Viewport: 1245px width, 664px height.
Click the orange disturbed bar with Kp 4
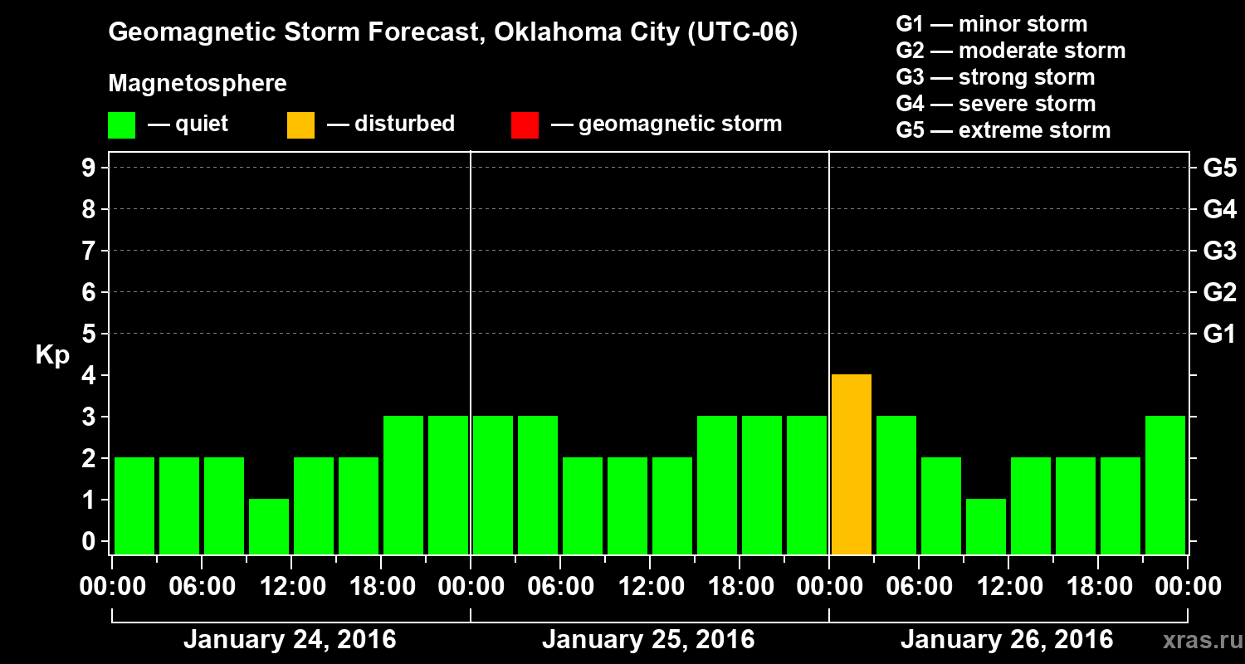[x=852, y=464]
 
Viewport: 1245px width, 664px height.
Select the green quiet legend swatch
[x=121, y=124]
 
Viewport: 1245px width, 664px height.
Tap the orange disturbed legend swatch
[x=300, y=124]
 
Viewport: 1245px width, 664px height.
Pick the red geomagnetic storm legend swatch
[x=525, y=124]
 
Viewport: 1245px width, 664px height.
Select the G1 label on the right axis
[x=1219, y=334]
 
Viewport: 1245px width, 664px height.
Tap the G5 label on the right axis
[x=1219, y=168]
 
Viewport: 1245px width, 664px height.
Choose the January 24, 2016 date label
[x=290, y=640]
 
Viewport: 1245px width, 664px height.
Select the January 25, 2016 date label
[x=648, y=640]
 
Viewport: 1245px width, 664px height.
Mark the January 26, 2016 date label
[x=1007, y=640]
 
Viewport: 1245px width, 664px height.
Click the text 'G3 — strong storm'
[x=995, y=77]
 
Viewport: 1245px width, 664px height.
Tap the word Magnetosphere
[x=198, y=84]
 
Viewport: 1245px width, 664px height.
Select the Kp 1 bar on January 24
[x=269, y=526]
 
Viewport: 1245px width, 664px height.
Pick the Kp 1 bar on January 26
[x=986, y=526]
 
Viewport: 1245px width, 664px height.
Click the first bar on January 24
[x=134, y=505]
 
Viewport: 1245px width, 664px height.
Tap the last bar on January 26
[x=1165, y=485]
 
